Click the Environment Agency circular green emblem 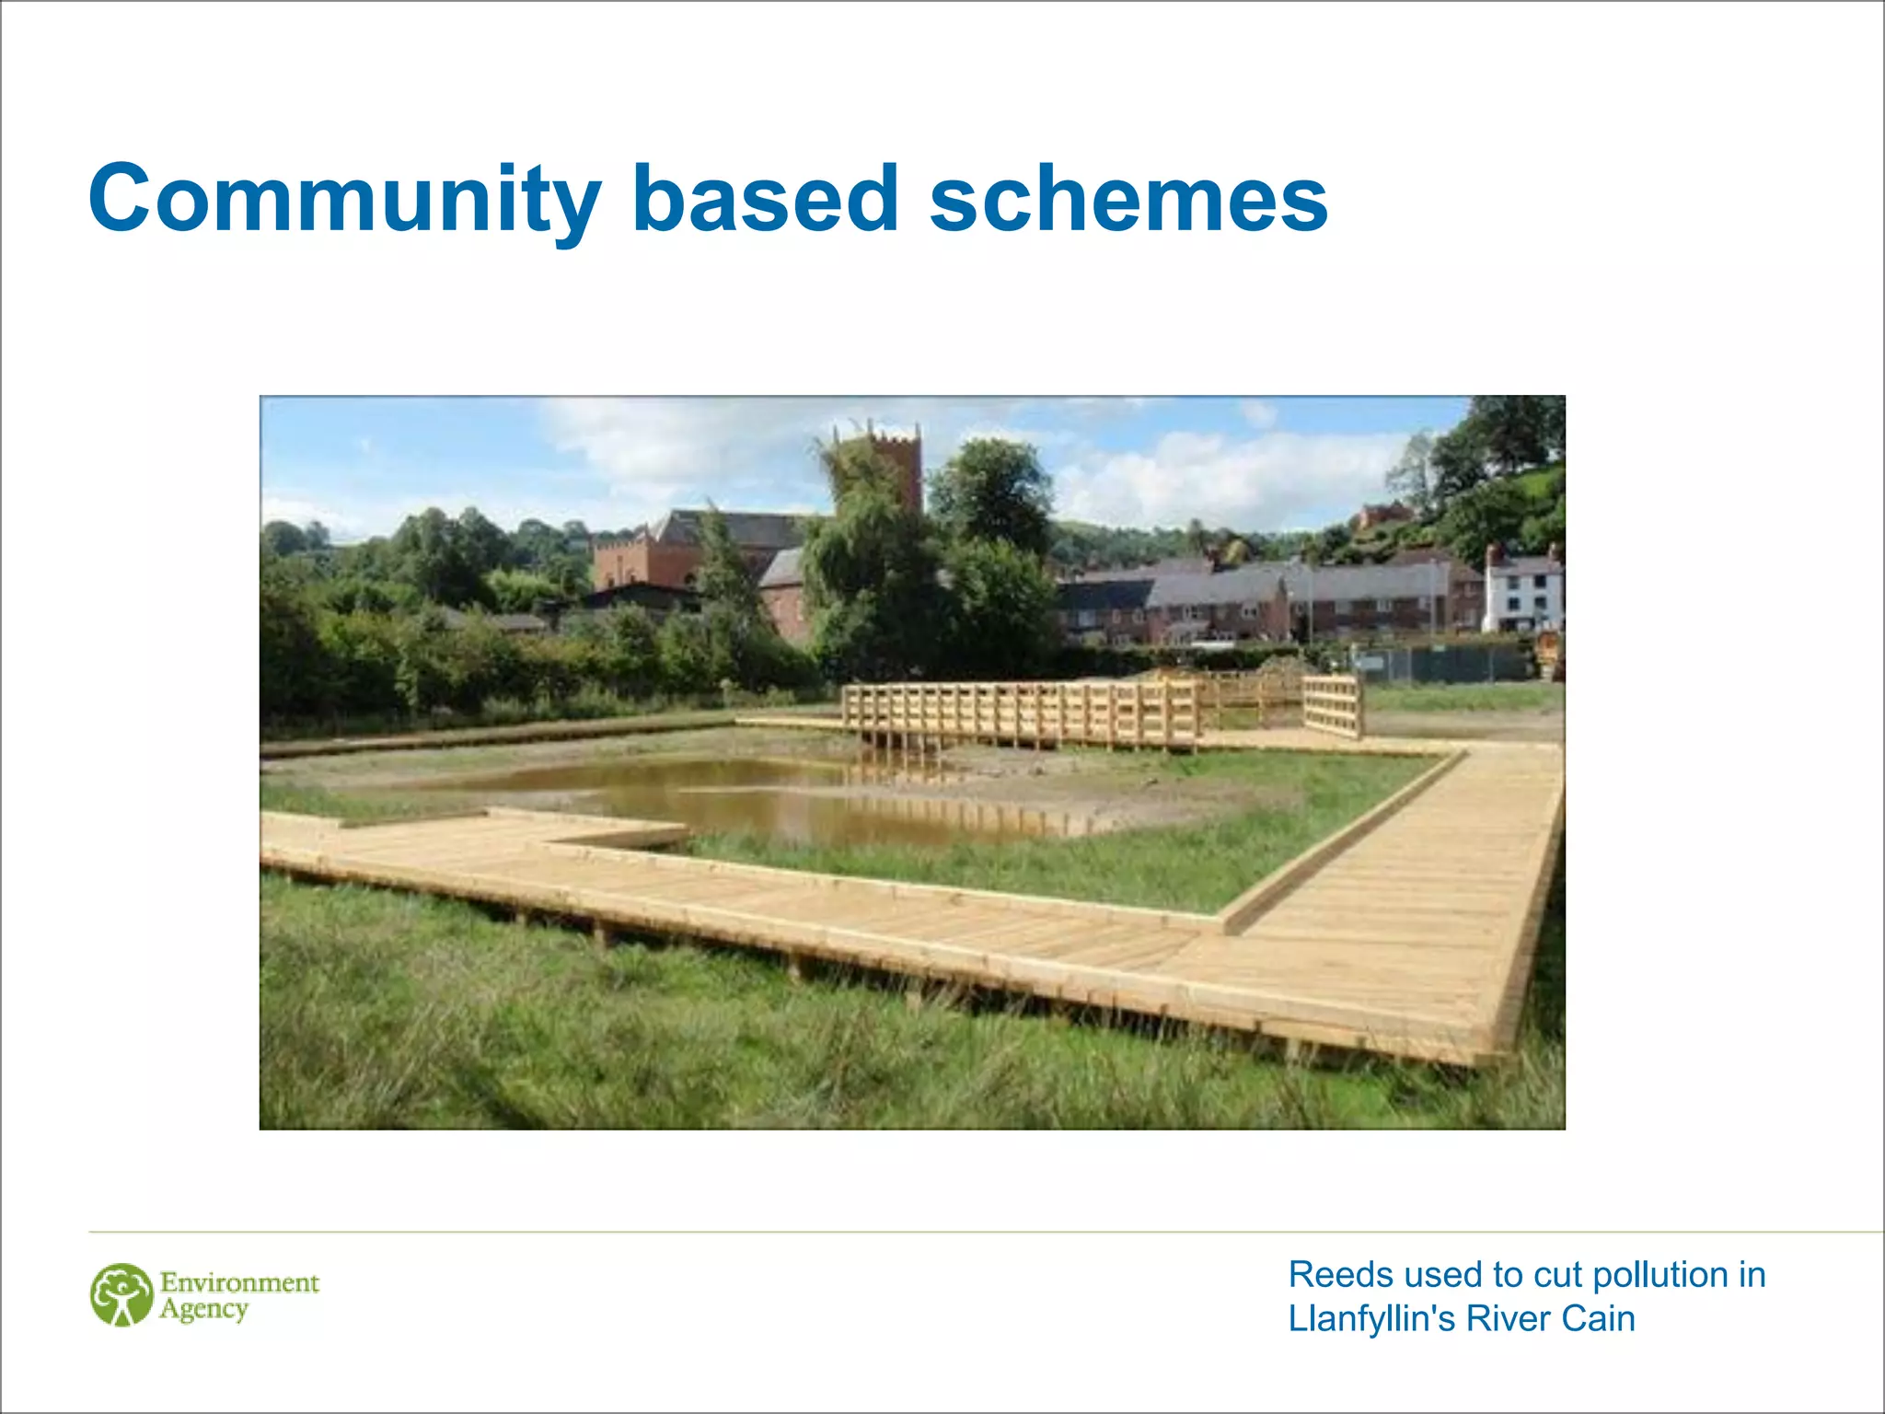[121, 1295]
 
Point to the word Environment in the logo [239, 1282]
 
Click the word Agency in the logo [203, 1310]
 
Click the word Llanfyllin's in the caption [1372, 1319]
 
